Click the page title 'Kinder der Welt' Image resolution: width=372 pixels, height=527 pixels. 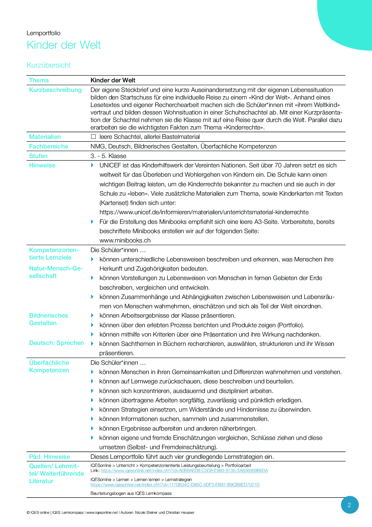(64, 45)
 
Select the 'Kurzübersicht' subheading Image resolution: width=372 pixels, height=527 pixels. (49, 65)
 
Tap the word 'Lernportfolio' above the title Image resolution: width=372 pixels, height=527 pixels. (43, 33)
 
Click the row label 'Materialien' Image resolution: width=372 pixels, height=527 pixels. (45, 137)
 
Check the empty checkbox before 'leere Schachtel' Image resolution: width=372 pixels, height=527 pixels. (93, 137)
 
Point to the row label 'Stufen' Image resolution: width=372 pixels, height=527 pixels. (38, 156)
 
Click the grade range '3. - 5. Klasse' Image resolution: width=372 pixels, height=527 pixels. (108, 156)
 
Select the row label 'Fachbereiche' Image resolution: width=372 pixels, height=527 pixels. (49, 146)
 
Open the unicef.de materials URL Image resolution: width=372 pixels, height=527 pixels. (204, 212)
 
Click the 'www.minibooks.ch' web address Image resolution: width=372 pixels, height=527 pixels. (125, 240)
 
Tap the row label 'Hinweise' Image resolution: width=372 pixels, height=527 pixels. (42, 165)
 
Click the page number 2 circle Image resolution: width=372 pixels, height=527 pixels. (349, 505)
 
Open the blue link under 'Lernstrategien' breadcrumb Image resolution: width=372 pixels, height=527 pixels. (175, 485)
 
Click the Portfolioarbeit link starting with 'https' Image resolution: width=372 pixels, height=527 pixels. (184, 471)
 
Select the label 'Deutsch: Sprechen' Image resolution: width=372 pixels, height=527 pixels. (56, 343)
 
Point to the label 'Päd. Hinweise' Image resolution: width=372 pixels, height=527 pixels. (49, 457)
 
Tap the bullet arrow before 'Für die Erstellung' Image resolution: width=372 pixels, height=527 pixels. (92, 222)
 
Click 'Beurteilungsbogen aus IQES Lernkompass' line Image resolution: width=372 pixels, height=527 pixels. (131, 493)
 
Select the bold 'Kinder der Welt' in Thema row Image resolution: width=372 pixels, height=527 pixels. (113, 80)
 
